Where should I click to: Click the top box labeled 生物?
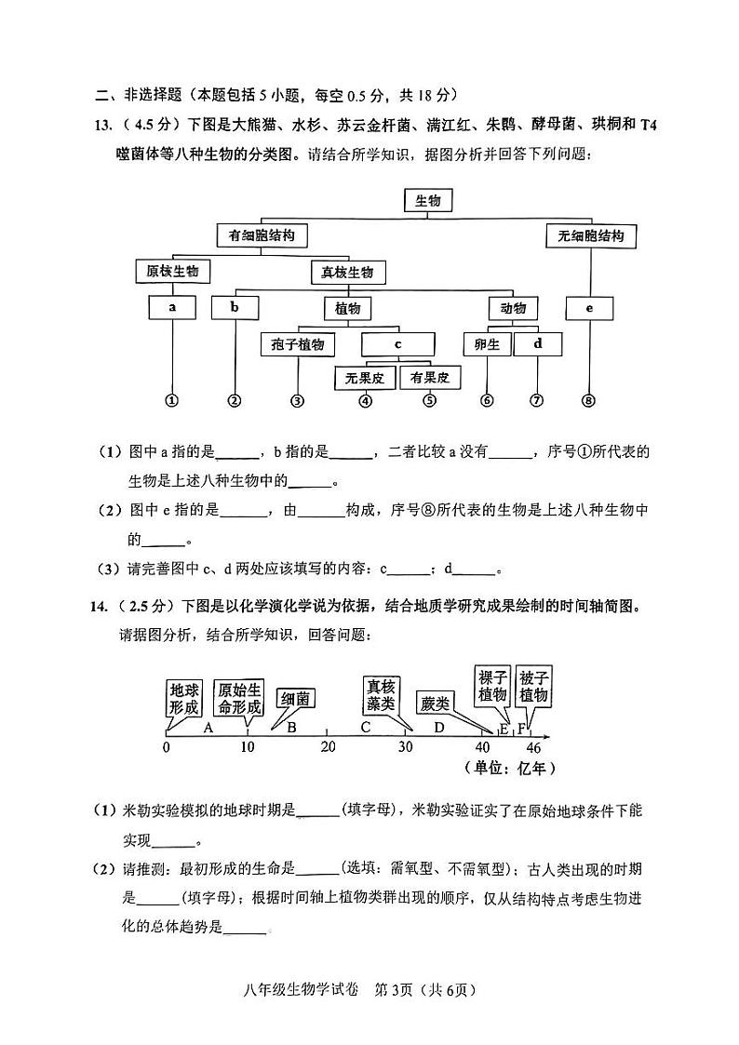(x=427, y=201)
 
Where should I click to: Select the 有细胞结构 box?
(x=262, y=235)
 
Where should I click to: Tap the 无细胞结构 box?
(x=590, y=236)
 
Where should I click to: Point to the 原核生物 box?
(x=172, y=271)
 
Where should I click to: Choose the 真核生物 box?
(x=347, y=272)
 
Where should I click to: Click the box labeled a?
(x=172, y=308)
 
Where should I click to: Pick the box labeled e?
(x=589, y=309)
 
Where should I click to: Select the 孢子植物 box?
(x=297, y=344)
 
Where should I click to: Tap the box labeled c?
(x=397, y=344)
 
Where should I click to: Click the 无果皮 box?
(x=365, y=378)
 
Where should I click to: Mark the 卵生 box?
(x=487, y=344)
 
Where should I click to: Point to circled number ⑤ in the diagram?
(x=430, y=400)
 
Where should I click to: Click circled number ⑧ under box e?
(x=588, y=400)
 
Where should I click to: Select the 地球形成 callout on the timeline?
(x=184, y=699)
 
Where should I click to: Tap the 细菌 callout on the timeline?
(x=294, y=700)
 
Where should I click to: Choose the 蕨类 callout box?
(x=436, y=703)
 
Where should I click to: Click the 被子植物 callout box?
(x=533, y=687)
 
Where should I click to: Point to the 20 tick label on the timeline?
(x=328, y=747)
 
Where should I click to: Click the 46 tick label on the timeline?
(x=533, y=748)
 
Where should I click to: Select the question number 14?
(x=99, y=607)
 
